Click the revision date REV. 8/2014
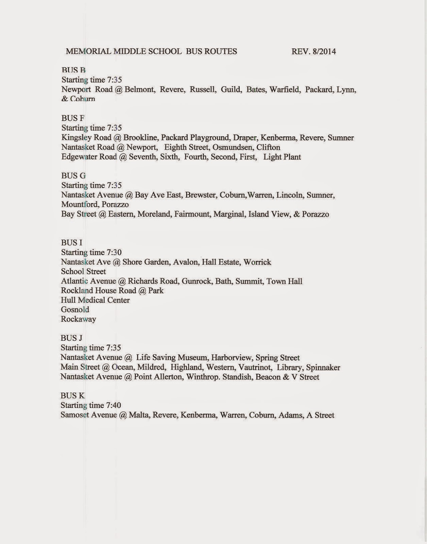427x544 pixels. point(314,52)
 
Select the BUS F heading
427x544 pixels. point(72,118)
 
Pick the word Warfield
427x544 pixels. point(284,90)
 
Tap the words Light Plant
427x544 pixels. point(282,157)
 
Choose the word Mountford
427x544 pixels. point(79,205)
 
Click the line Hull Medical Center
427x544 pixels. point(95,300)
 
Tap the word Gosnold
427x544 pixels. point(75,310)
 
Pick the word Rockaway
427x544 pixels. point(78,319)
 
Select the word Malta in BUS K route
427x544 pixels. point(139,415)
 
